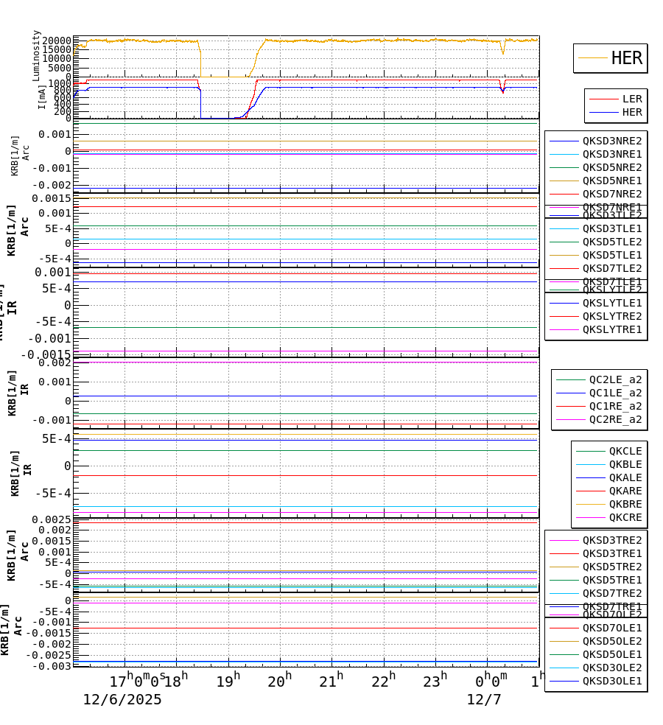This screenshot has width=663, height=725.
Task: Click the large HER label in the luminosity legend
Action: click(x=626, y=58)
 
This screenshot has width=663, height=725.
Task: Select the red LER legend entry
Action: click(x=631, y=99)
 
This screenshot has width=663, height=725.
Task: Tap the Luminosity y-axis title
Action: click(x=36, y=55)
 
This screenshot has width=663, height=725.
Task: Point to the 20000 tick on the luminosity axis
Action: click(x=56, y=41)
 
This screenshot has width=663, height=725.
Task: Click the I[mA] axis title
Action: click(x=42, y=97)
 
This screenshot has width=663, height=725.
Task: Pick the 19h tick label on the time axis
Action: click(x=228, y=680)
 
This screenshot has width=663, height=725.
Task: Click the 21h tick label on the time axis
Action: click(x=332, y=680)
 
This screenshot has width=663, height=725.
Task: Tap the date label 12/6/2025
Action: click(x=122, y=699)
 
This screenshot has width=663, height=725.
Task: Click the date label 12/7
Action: click(x=484, y=699)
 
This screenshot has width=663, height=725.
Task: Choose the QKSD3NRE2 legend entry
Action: click(x=611, y=141)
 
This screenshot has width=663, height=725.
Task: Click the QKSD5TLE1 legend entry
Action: click(x=611, y=255)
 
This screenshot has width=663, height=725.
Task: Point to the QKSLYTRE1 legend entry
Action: click(x=611, y=329)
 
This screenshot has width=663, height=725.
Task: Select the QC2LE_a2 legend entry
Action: click(x=615, y=379)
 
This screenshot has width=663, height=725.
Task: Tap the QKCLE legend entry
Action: click(x=625, y=451)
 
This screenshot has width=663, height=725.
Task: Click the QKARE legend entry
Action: click(x=625, y=491)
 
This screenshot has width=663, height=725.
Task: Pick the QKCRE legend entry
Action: click(x=625, y=517)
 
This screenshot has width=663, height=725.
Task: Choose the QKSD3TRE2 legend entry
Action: click(x=611, y=540)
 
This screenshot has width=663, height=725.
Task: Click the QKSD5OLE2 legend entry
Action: click(x=611, y=641)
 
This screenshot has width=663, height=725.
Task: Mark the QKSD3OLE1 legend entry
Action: click(x=611, y=681)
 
